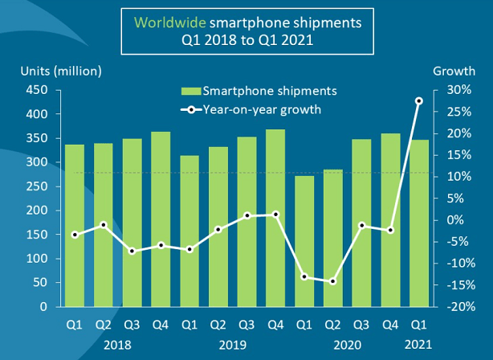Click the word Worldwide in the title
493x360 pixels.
pyautogui.click(x=165, y=22)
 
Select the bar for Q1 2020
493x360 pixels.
pyautogui.click(x=304, y=241)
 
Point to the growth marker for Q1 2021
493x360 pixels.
pyautogui.click(x=418, y=101)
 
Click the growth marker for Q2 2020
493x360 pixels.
pyautogui.click(x=332, y=281)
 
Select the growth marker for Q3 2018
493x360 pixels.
pyautogui.click(x=132, y=251)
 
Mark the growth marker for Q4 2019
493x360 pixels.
pyautogui.click(x=275, y=215)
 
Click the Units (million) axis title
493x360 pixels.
pyautogui.click(x=61, y=71)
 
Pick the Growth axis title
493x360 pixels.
pyautogui.click(x=454, y=71)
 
